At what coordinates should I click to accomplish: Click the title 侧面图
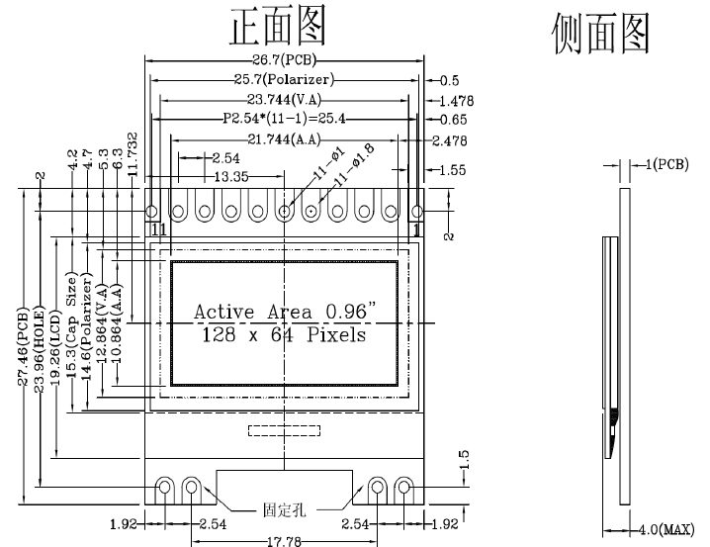click(600, 34)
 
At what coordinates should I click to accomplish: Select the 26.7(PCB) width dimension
click(285, 61)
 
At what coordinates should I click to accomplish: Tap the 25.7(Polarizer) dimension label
click(285, 80)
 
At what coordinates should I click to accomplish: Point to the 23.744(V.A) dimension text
click(286, 100)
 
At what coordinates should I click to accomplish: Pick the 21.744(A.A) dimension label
click(286, 139)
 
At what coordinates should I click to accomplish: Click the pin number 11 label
click(157, 229)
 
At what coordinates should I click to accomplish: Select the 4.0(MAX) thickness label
click(663, 529)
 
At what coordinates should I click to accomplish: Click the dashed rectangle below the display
click(284, 430)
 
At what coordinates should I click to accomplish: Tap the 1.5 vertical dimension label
click(464, 460)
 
